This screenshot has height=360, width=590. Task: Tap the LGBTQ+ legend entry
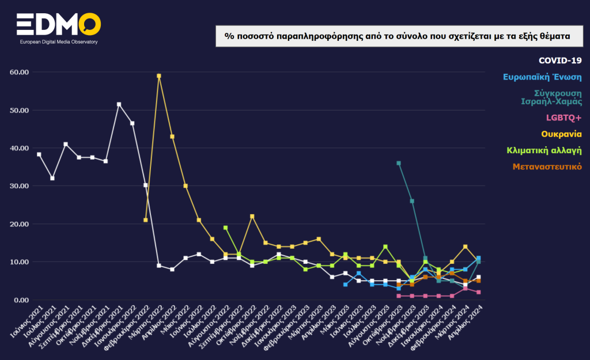point(563,118)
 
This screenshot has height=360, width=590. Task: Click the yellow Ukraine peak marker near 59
point(159,76)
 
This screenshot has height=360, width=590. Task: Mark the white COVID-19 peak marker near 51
point(119,104)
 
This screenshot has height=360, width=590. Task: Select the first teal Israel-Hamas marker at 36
point(399,163)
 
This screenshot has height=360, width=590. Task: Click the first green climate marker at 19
point(225,228)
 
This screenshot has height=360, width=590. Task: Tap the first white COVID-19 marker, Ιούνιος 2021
point(39,154)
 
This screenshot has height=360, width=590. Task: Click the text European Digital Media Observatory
point(58,43)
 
